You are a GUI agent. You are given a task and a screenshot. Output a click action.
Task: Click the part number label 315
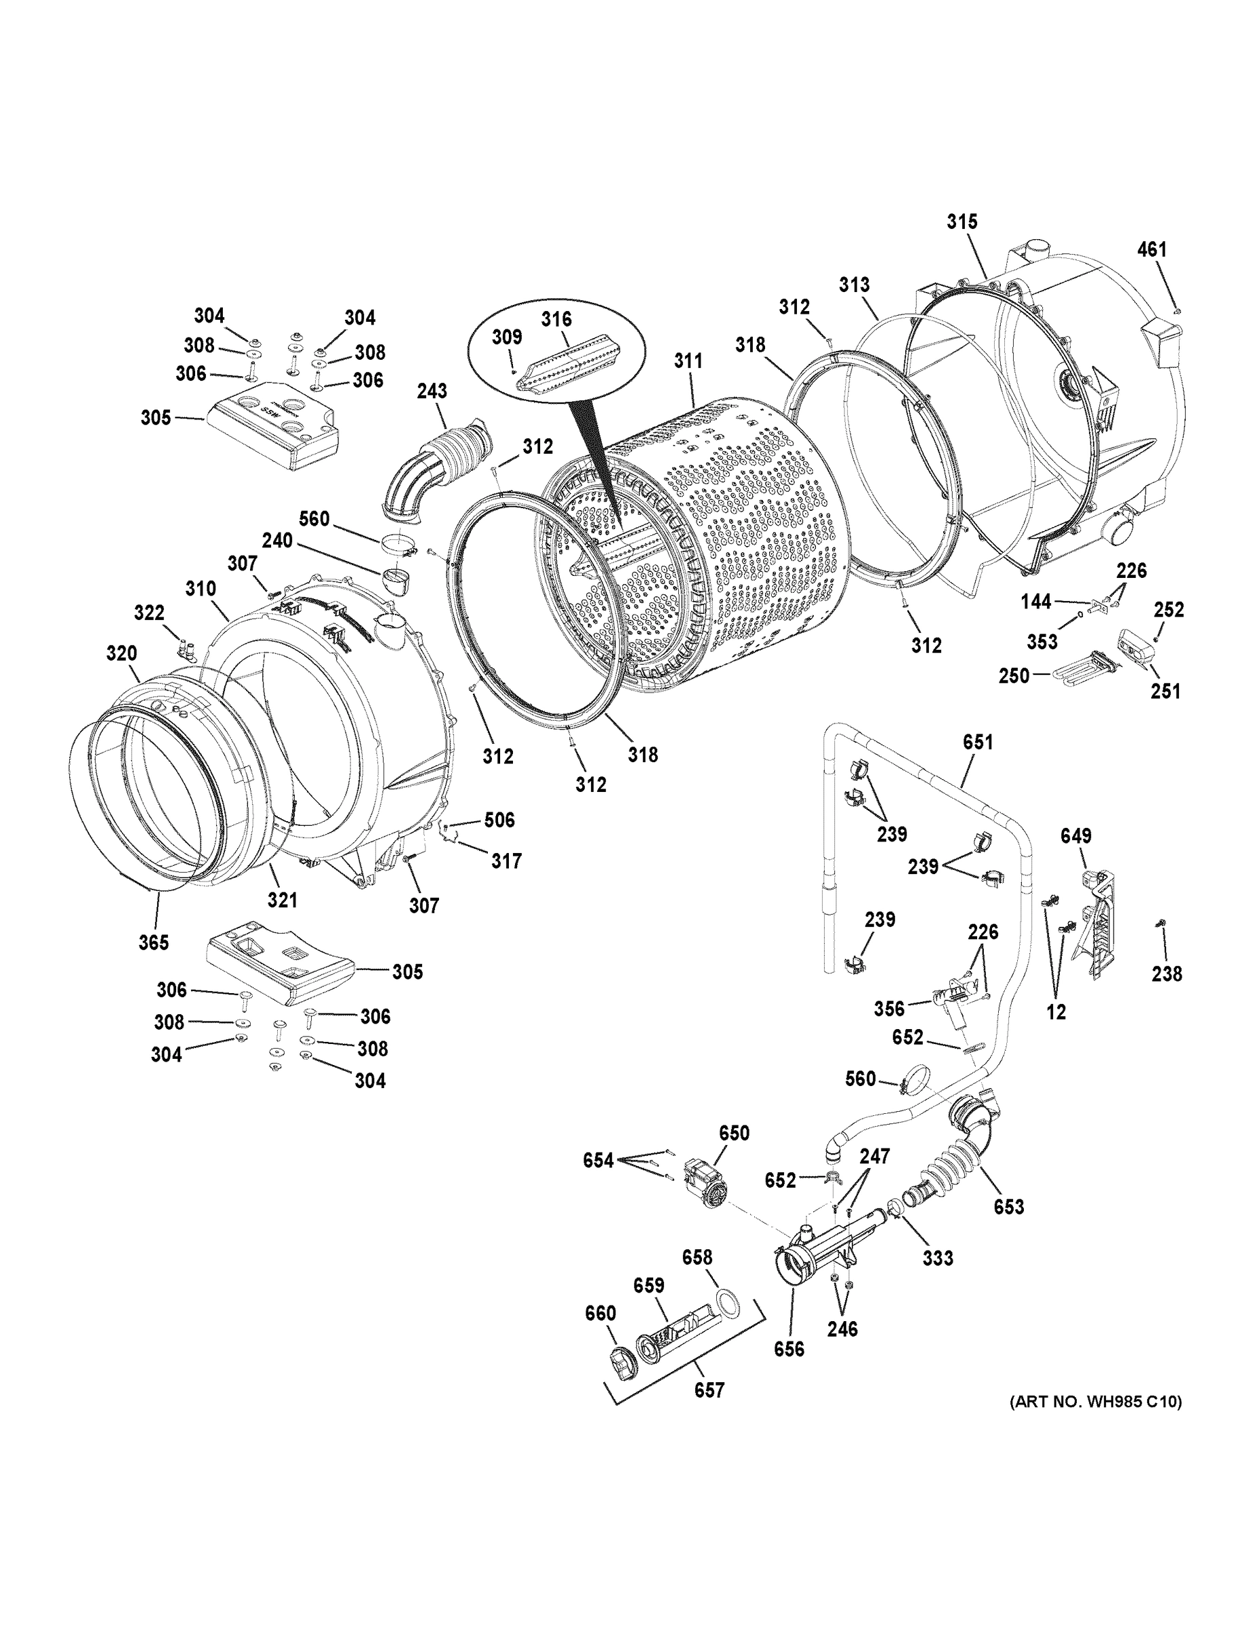pyautogui.click(x=962, y=222)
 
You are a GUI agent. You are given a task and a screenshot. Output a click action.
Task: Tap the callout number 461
pyautogui.click(x=1151, y=250)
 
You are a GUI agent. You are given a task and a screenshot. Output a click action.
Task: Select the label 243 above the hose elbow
pyautogui.click(x=432, y=391)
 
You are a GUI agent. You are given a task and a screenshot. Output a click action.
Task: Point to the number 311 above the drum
pyautogui.click(x=688, y=362)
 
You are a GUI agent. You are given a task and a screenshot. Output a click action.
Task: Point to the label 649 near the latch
pyautogui.click(x=1075, y=836)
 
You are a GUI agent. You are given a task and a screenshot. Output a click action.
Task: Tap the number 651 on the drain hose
pyautogui.click(x=977, y=743)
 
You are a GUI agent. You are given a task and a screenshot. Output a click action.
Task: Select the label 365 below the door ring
pyautogui.click(x=153, y=942)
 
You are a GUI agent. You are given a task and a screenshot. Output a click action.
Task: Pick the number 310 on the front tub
pyautogui.click(x=201, y=589)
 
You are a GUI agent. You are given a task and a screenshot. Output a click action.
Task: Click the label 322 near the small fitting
pyautogui.click(x=149, y=612)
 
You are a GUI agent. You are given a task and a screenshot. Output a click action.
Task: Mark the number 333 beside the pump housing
pyautogui.click(x=938, y=1258)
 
